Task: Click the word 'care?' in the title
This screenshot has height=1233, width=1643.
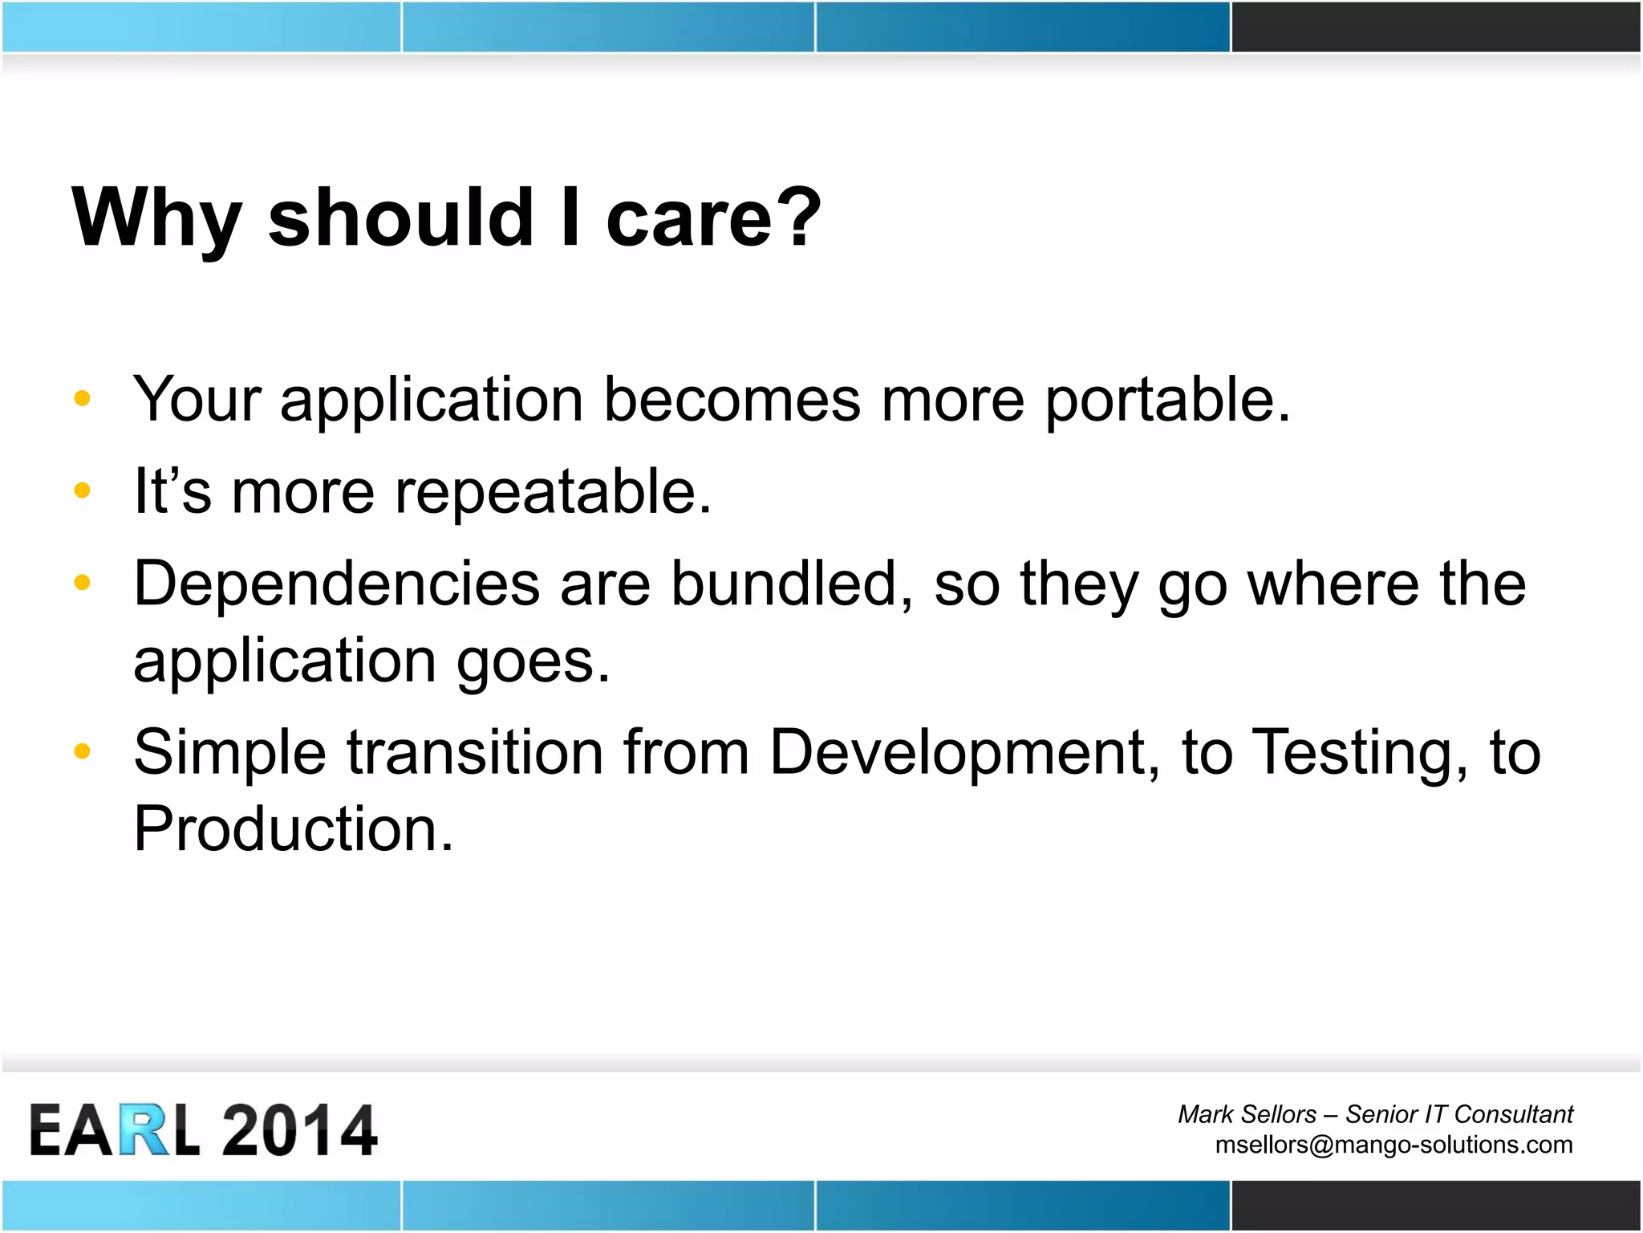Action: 712,218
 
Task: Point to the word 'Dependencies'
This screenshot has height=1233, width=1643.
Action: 336,584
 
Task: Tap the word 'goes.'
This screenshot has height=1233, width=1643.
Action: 533,661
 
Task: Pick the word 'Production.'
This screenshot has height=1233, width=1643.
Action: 294,829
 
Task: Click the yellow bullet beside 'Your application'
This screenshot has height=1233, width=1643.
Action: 82,398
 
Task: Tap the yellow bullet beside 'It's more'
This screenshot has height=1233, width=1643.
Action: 82,490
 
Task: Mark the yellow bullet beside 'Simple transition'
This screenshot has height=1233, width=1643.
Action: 82,751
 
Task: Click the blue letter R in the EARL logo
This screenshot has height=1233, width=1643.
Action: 144,1130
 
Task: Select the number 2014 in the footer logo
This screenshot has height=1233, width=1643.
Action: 298,1130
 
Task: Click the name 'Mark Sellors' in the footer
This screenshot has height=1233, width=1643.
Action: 1247,1114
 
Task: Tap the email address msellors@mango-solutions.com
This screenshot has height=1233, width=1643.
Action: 1394,1144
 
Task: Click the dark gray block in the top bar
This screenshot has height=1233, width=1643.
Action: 1435,26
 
